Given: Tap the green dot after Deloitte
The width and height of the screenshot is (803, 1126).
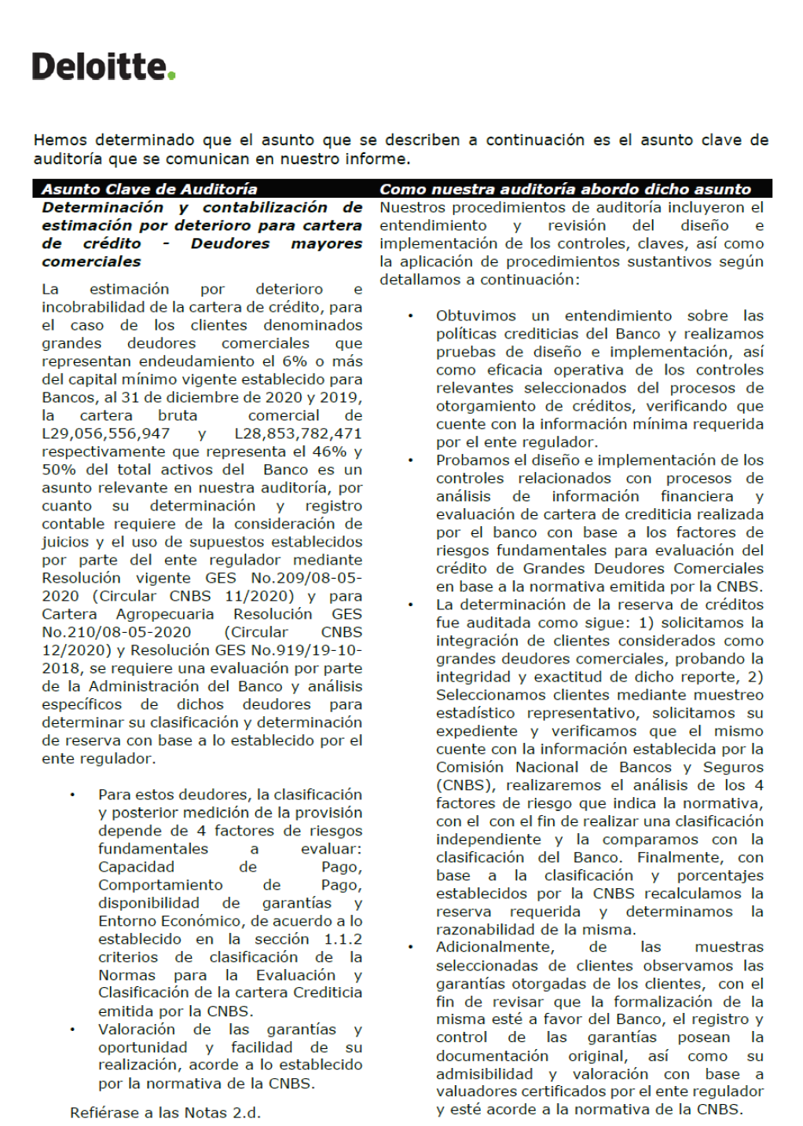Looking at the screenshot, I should (172, 76).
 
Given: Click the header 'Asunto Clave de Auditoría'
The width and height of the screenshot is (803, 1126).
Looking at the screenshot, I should (149, 188).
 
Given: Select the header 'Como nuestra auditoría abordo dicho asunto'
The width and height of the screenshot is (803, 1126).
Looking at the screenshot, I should (565, 188).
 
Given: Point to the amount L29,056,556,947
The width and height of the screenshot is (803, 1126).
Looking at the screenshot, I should (106, 433).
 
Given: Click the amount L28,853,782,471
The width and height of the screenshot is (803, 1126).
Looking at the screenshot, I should (298, 433).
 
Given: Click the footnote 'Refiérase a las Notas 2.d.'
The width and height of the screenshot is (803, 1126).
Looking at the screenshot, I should (165, 1113).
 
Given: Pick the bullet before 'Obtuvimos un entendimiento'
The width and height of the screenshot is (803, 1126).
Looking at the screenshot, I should (410, 316).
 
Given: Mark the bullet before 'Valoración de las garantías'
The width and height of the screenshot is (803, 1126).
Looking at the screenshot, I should (72, 1029).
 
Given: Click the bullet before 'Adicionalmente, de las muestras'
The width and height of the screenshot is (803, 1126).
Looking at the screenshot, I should (410, 947).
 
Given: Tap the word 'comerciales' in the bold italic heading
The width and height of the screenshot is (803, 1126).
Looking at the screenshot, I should (92, 261).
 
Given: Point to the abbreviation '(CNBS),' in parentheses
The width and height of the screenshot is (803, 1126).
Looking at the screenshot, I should (467, 785).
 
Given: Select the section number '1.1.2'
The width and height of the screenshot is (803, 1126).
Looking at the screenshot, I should (343, 939).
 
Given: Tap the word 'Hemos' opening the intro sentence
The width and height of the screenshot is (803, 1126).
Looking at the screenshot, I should (60, 140).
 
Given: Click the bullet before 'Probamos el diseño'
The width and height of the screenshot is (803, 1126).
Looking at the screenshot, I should (410, 460).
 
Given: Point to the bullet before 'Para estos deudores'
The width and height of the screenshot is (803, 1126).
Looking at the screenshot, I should (72, 795).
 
